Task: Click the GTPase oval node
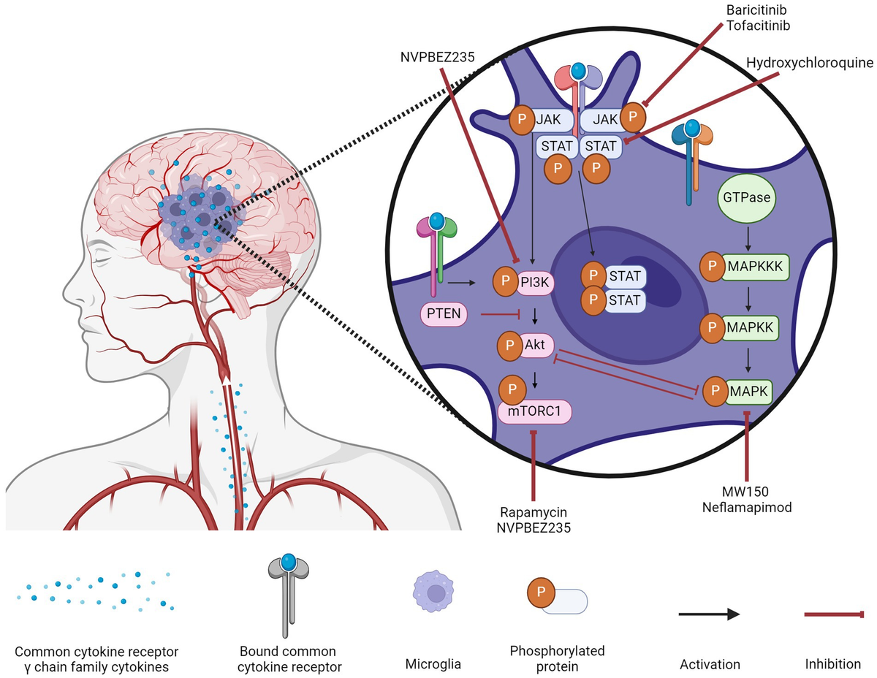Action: (748, 198)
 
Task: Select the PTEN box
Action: (443, 316)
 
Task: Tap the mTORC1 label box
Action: (534, 412)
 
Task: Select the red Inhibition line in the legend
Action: (833, 614)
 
